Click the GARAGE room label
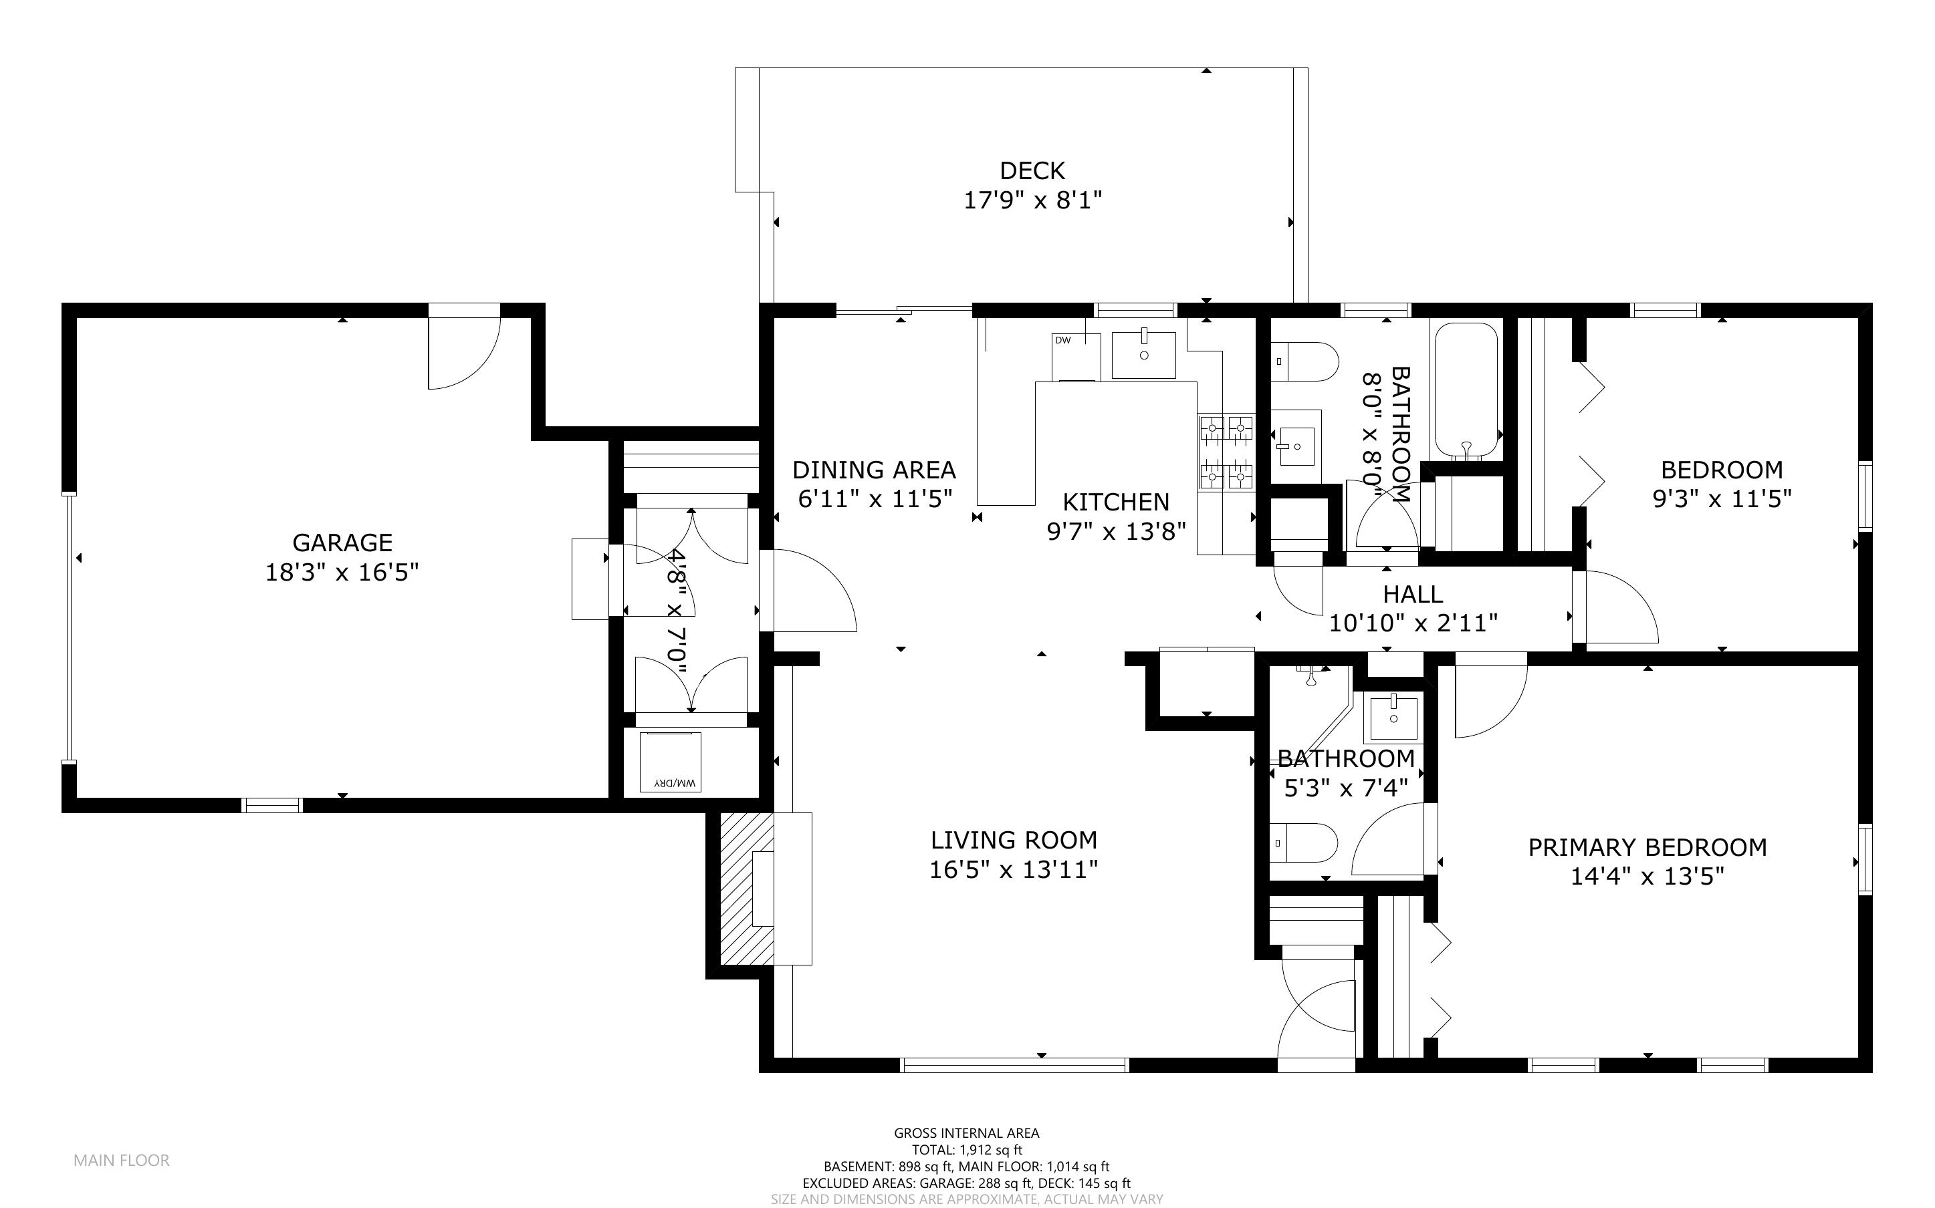[342, 543]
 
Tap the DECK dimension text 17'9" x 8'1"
[1032, 200]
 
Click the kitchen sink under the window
[1144, 355]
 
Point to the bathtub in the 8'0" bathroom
[1465, 390]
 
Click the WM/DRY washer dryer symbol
[671, 762]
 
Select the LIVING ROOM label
[1014, 840]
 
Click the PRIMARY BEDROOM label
[1647, 847]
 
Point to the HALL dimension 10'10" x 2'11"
[1413, 623]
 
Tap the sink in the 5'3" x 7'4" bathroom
[1394, 717]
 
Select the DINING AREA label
[874, 469]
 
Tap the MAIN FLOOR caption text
[122, 1160]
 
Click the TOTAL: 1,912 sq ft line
[966, 1150]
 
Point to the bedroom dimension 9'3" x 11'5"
[1722, 499]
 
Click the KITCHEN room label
[1116, 502]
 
